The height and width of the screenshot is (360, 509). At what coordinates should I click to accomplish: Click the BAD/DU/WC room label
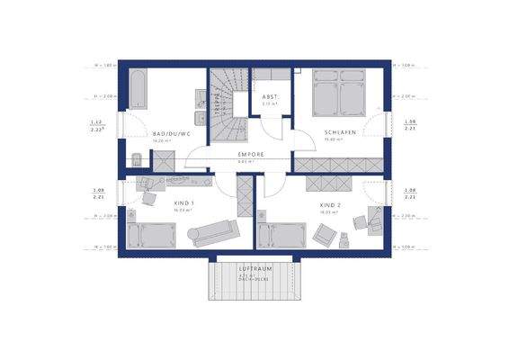172,134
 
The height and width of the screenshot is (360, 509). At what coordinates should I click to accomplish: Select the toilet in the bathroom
135,161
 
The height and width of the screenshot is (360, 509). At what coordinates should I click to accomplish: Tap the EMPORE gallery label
251,155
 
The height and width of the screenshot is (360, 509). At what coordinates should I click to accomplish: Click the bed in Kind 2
281,236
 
